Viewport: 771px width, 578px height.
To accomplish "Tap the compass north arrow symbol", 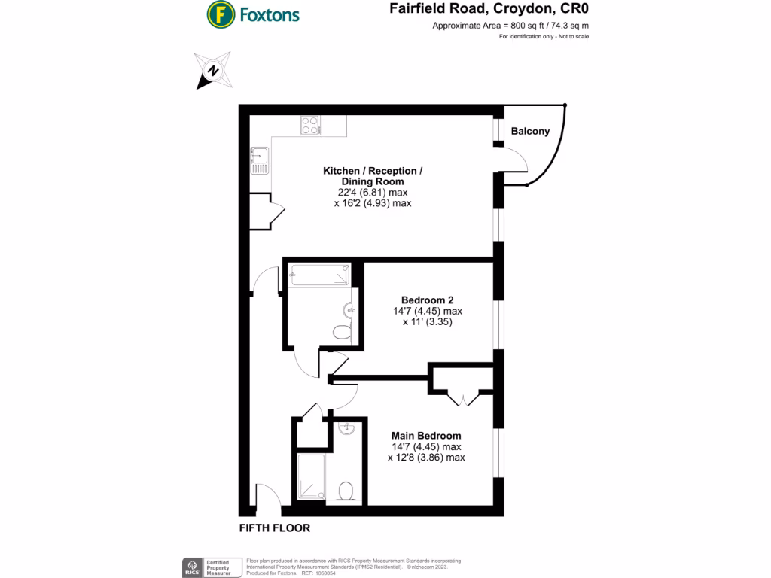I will pyautogui.click(x=214, y=71).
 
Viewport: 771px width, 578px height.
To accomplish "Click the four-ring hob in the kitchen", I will pyautogui.click(x=309, y=125).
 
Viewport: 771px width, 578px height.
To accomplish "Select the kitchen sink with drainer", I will pyautogui.click(x=260, y=160).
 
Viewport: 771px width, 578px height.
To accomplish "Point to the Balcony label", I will pyautogui.click(x=530, y=131).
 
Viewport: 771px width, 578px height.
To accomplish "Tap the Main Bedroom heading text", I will pyautogui.click(x=426, y=435).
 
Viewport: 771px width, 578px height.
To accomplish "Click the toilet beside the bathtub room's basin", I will pyautogui.click(x=341, y=331).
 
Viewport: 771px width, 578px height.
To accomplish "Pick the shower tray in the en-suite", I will pyautogui.click(x=312, y=476).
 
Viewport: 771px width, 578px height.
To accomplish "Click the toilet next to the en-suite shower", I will pyautogui.click(x=347, y=491).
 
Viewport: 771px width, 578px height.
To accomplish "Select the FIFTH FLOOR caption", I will pyautogui.click(x=274, y=528).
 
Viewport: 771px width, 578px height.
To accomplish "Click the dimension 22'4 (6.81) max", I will pyautogui.click(x=373, y=193).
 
